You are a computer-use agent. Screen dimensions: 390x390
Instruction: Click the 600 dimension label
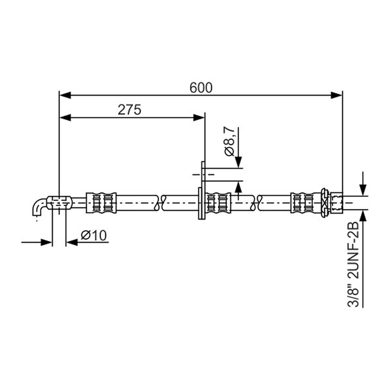[201, 88]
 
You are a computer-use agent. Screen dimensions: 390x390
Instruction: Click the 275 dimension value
[129, 110]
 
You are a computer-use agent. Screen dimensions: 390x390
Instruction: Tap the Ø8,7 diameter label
[229, 141]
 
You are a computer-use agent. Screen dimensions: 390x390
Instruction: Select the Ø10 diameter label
[94, 235]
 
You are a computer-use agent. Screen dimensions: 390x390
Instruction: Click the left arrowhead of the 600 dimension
[65, 95]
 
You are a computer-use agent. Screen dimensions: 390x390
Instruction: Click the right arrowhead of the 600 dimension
[336, 95]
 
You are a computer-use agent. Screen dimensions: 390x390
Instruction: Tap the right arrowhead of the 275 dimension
[199, 118]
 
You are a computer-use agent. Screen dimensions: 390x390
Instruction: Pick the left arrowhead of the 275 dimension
[65, 118]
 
